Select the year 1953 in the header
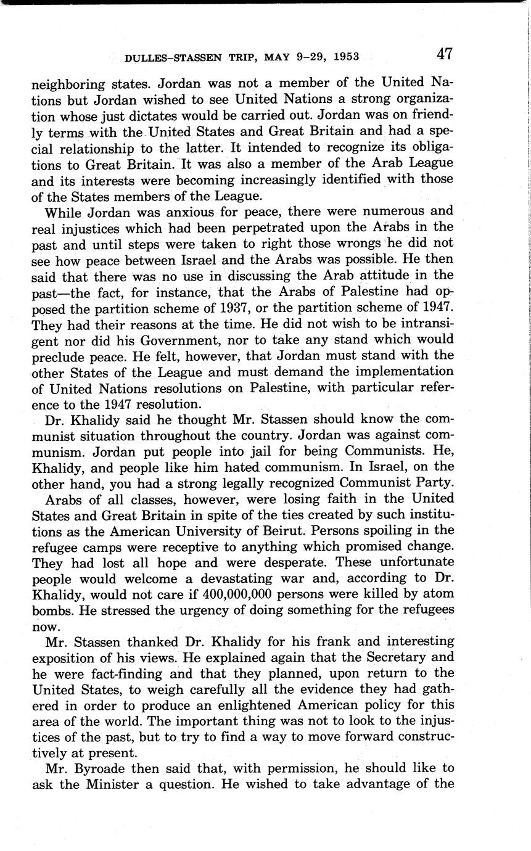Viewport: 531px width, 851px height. coord(345,58)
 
